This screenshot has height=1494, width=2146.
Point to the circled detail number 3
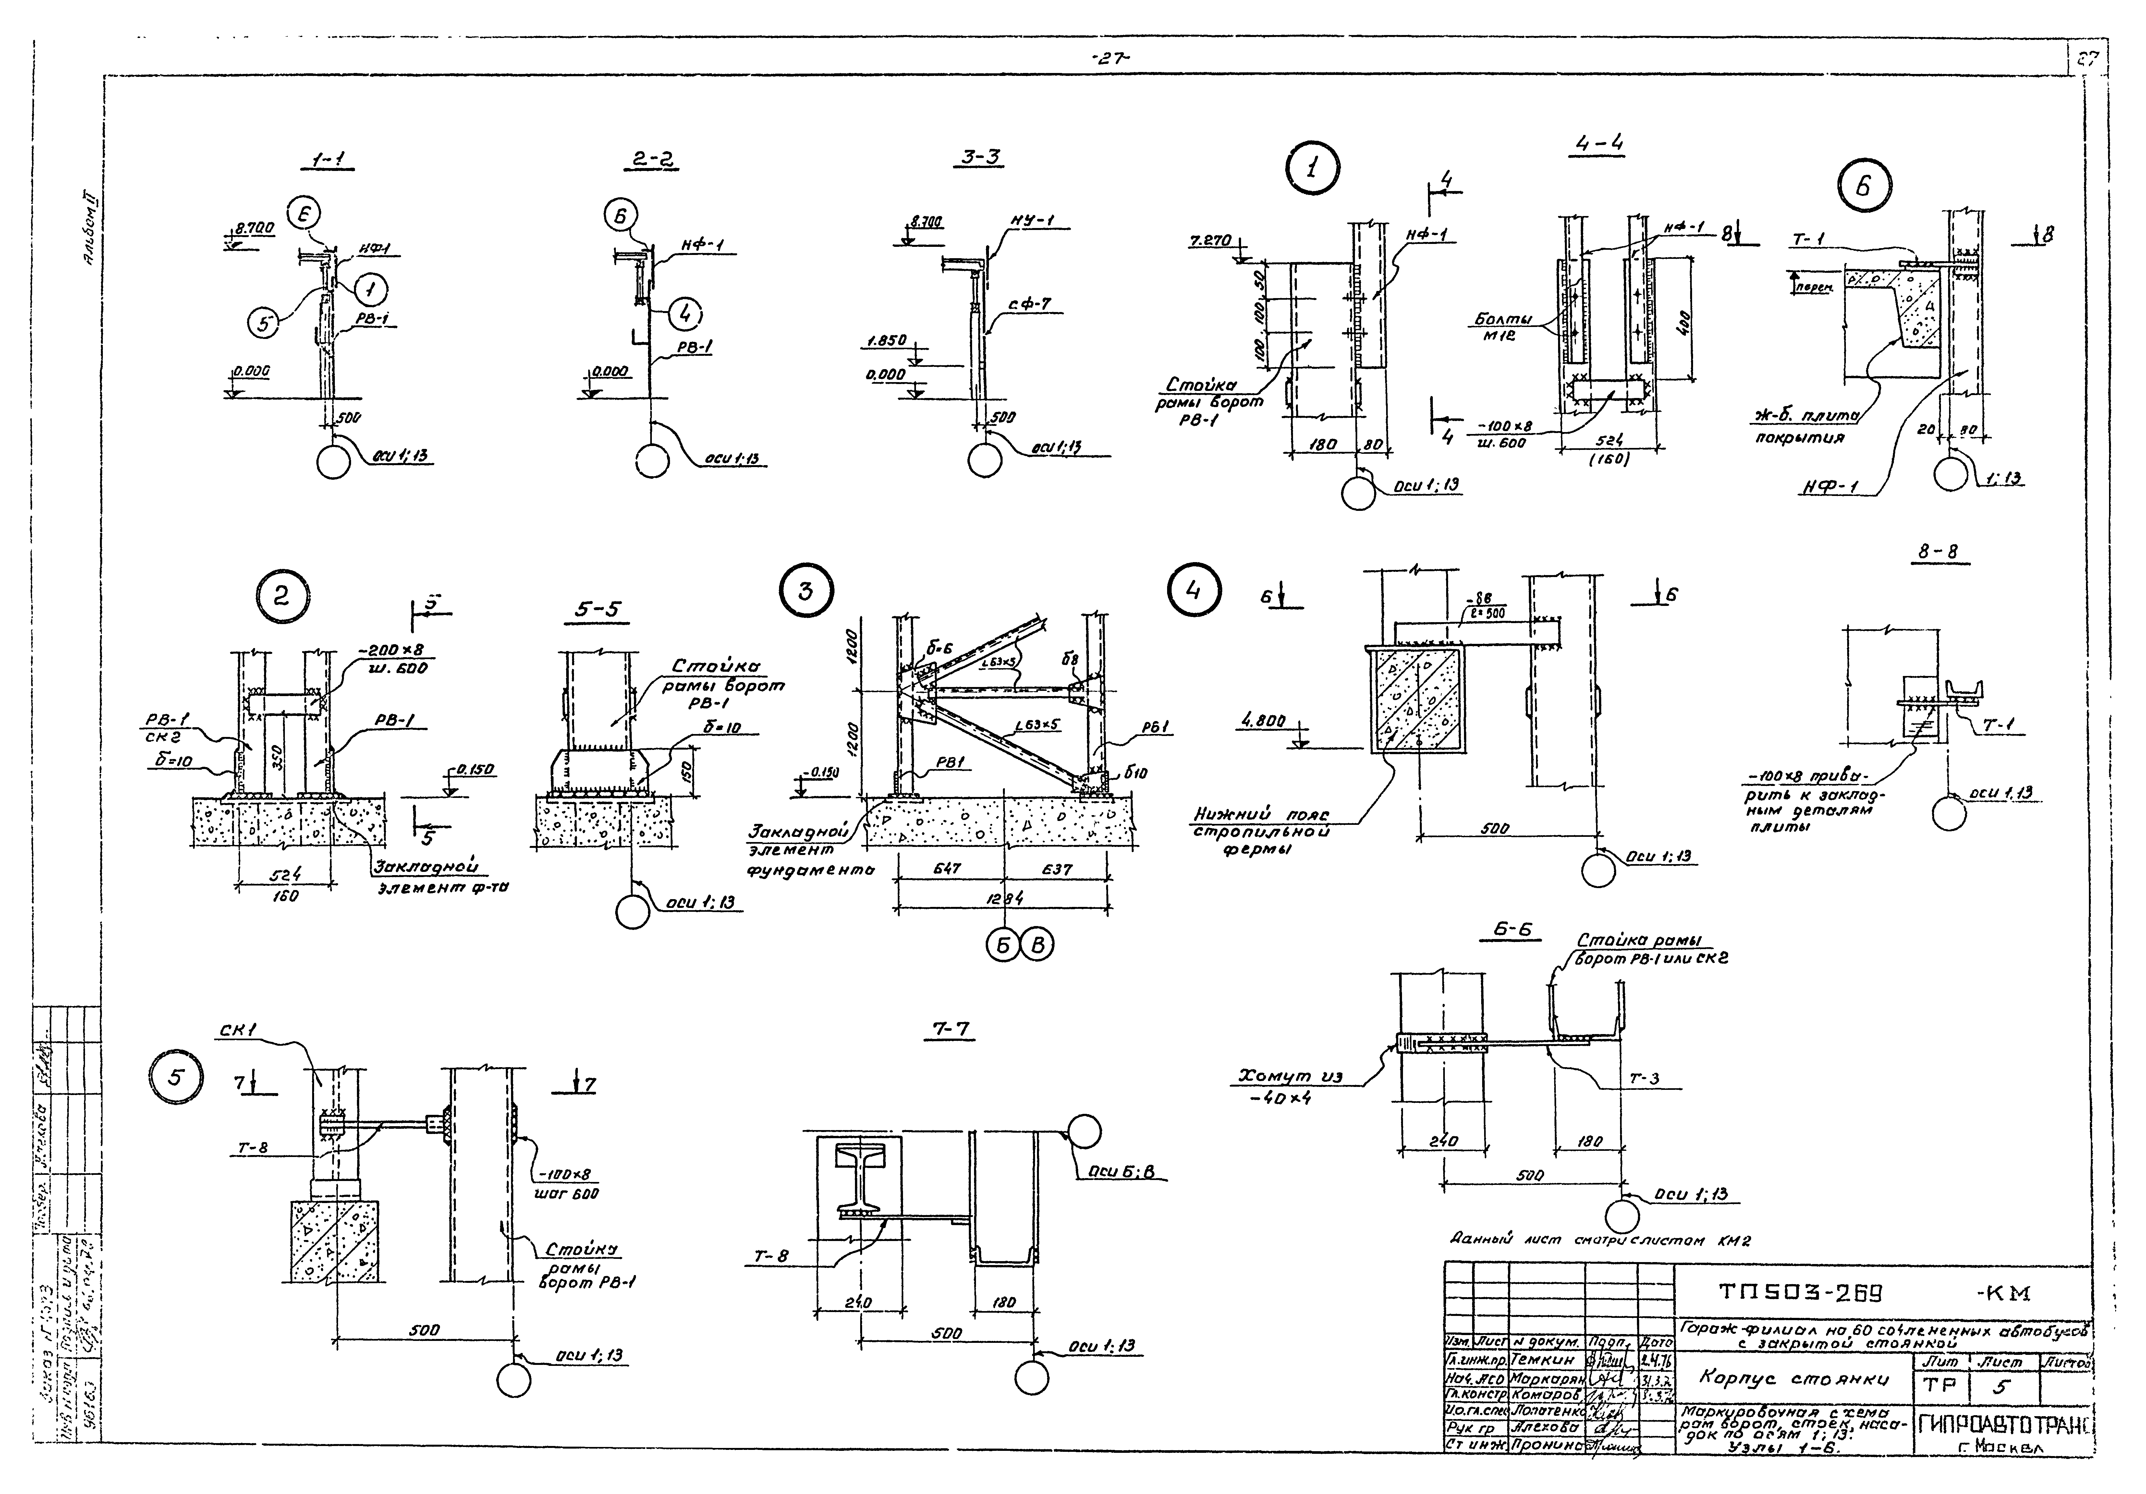point(806,591)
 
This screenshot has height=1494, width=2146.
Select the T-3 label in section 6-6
point(1644,1078)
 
